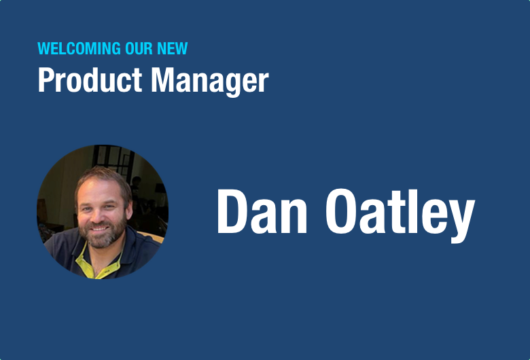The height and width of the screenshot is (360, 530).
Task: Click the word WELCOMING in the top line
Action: [79, 48]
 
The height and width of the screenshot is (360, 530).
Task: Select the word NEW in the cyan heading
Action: [173, 48]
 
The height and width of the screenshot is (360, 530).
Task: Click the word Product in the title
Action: [90, 79]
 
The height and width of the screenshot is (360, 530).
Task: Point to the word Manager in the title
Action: [210, 82]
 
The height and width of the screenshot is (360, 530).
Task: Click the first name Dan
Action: [262, 212]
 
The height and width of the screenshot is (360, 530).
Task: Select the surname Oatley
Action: [400, 216]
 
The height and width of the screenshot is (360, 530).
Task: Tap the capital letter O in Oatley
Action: [341, 212]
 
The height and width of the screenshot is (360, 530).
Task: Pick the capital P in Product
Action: [46, 79]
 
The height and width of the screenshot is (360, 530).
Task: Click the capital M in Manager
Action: [162, 79]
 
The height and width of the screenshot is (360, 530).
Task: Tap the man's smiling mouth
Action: [99, 228]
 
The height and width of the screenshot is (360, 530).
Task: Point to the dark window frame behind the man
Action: [115, 159]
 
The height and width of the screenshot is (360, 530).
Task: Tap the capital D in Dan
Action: [232, 212]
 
